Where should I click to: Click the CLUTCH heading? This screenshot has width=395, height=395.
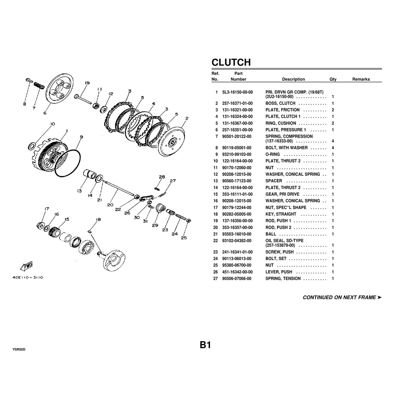[231, 62]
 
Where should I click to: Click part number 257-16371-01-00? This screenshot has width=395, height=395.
[237, 103]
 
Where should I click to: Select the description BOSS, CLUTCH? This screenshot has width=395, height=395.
[280, 103]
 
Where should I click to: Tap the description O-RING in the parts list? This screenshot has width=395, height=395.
[273, 154]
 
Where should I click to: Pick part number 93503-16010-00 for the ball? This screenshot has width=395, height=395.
[237, 234]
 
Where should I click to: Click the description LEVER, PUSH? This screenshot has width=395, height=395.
[279, 272]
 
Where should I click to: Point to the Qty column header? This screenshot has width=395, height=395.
[333, 79]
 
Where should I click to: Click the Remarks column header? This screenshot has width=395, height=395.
[361, 79]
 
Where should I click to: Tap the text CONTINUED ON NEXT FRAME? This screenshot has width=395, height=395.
[339, 298]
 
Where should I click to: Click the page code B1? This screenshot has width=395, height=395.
[205, 345]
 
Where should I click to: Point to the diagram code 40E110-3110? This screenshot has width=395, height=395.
[28, 277]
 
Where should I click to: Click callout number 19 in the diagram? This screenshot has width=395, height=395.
[87, 83]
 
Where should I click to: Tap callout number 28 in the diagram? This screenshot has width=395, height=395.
[162, 177]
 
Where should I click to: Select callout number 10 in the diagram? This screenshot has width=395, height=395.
[52, 124]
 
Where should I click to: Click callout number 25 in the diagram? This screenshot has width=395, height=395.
[184, 238]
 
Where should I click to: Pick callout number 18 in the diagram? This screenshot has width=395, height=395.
[98, 220]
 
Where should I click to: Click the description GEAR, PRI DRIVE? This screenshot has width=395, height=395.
[282, 194]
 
